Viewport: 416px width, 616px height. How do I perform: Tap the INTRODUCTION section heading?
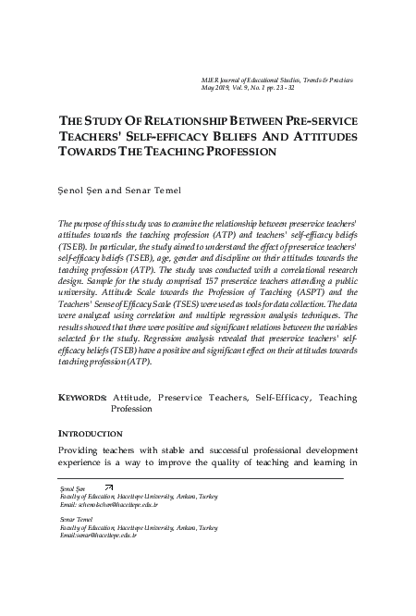click(x=91, y=433)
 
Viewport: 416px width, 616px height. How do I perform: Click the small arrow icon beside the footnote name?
click(x=109, y=487)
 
